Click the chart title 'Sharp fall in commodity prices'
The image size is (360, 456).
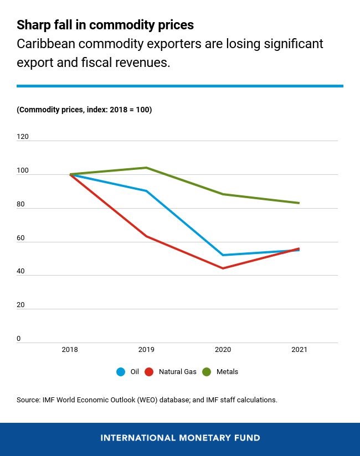(105, 25)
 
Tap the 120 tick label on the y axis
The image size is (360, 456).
(23, 137)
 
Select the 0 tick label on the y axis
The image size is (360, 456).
(19, 339)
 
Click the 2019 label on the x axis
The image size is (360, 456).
(146, 350)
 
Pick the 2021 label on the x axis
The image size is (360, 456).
(299, 350)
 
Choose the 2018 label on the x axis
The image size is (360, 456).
(70, 350)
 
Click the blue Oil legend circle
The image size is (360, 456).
(121, 372)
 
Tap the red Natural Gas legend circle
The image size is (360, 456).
(149, 372)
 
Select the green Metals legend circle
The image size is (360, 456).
(207, 372)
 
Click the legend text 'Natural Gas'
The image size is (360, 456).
(177, 372)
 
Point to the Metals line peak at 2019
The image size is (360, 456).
(146, 168)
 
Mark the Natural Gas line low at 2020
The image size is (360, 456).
(223, 268)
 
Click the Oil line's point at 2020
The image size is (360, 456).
(223, 255)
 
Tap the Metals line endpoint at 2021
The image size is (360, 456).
(299, 203)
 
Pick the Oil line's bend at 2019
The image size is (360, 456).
(146, 191)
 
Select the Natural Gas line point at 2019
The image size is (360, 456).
(146, 236)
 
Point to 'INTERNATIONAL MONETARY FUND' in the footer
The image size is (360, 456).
(180, 438)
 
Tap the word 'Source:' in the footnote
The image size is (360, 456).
(29, 400)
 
